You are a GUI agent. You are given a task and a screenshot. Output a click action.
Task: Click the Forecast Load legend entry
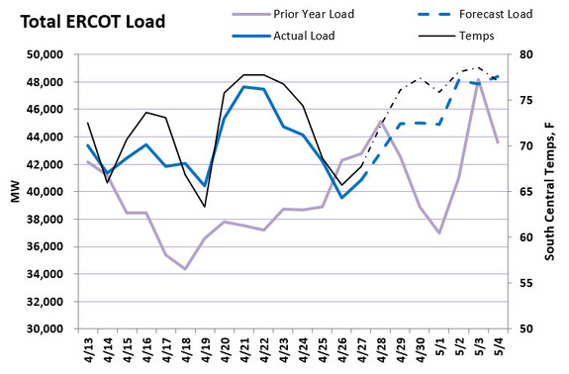coord(487,13)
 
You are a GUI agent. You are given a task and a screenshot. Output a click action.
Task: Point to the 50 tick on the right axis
coord(522,328)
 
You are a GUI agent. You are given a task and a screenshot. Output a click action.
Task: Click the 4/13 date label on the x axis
coord(89,348)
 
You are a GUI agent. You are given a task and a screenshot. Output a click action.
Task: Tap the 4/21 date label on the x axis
coord(244,348)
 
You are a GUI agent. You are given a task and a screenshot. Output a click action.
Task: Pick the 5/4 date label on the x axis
coord(498,348)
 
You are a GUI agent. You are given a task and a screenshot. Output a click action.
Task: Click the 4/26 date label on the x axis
coord(342,348)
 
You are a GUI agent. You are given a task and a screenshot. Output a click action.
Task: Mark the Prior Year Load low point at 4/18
coord(185,268)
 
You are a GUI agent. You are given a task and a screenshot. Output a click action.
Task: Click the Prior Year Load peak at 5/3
coord(478,79)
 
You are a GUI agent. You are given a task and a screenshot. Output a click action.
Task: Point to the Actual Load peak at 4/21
coord(244,87)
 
